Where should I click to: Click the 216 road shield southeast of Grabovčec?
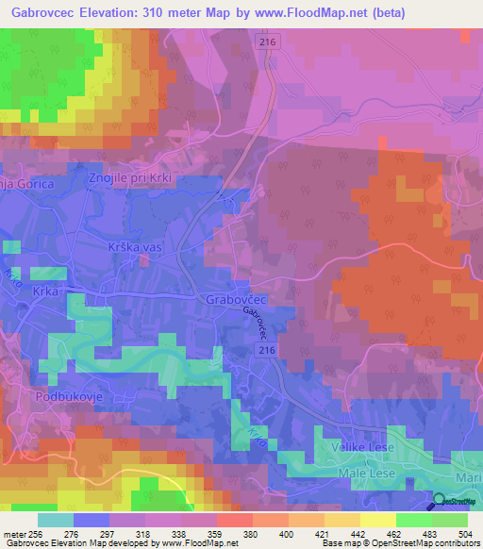tap(268, 349)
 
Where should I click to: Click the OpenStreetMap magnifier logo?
tap(440, 503)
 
